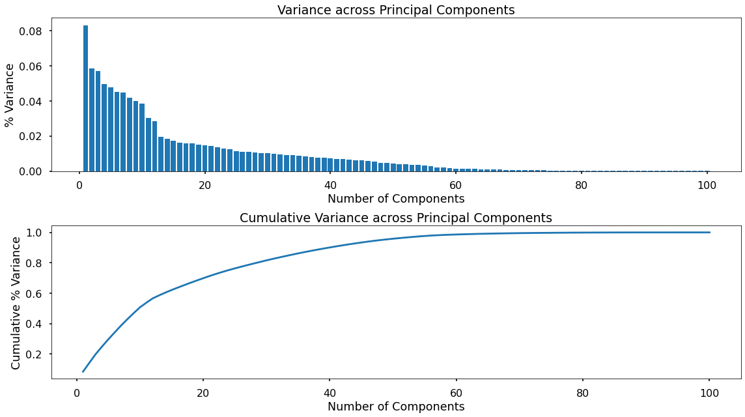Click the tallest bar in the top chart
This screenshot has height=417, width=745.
85,98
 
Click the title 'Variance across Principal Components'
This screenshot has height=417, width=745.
396,10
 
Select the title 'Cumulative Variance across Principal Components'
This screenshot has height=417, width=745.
396,218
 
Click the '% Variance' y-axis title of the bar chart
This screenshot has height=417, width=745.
10,94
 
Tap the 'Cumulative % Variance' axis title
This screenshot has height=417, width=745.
16,302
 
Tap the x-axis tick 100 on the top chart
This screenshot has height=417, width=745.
707,185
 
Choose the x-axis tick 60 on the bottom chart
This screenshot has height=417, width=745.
456,393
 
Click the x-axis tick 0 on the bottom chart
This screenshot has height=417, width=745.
77,393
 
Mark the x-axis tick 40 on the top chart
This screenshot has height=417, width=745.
330,185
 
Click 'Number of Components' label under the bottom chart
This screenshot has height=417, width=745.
396,407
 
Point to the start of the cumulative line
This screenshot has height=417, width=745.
83,371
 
